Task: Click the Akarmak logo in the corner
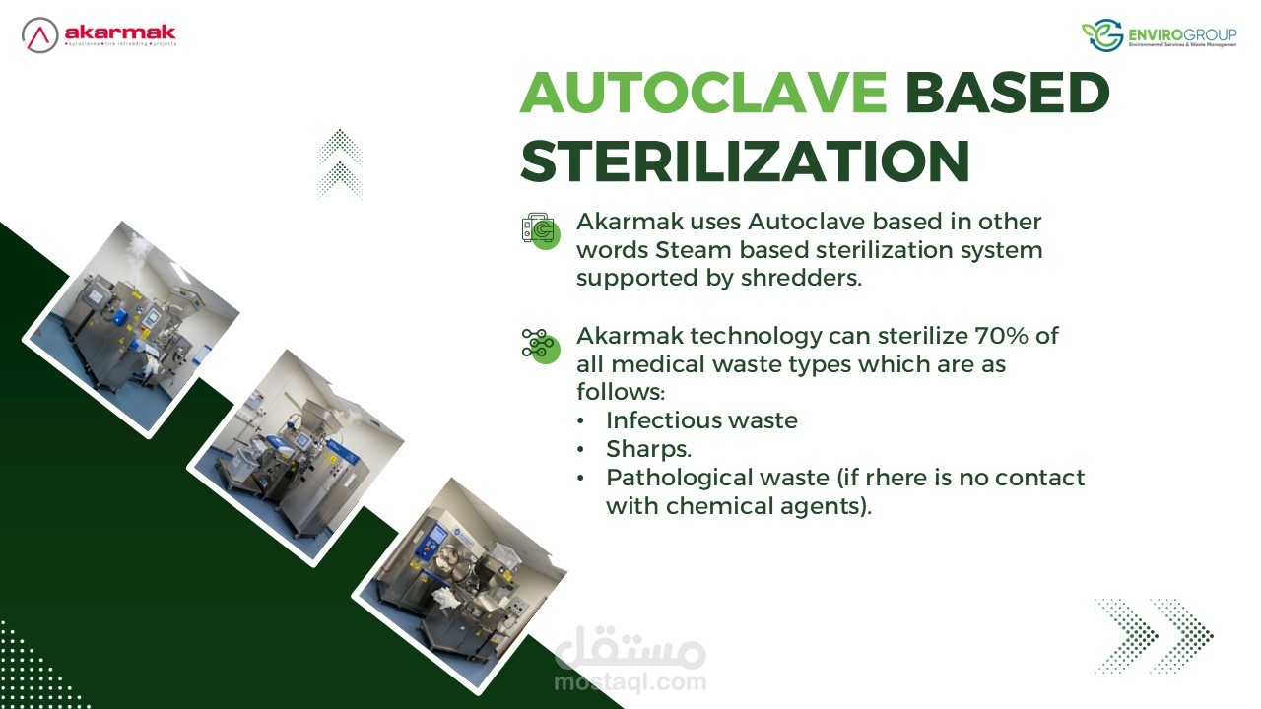click(100, 34)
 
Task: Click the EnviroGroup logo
click(1160, 34)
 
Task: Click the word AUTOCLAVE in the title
click(703, 93)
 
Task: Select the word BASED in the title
click(1008, 93)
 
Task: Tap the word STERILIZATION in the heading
click(746, 161)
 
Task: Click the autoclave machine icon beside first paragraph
click(541, 230)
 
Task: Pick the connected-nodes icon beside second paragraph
click(541, 346)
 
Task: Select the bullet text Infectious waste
click(701, 420)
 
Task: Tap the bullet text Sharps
click(648, 449)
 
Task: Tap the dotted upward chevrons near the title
click(340, 164)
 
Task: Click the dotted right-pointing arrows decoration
click(1154, 636)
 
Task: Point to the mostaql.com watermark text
click(630, 682)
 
